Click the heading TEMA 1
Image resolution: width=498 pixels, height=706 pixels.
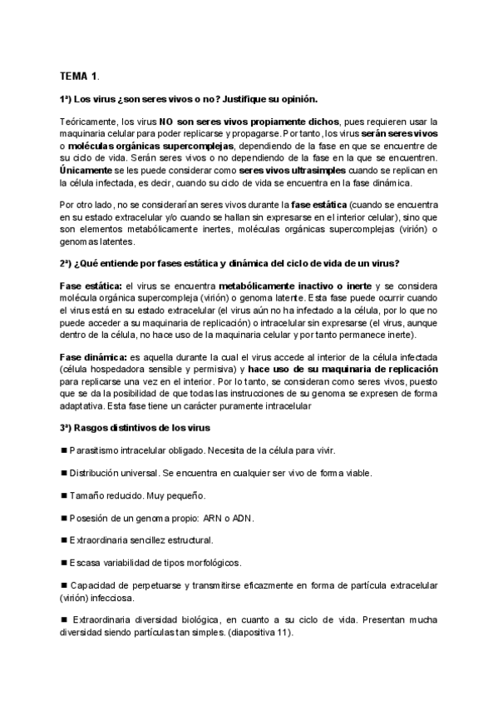click(x=79, y=76)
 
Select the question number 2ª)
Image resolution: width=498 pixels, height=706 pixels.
click(x=68, y=264)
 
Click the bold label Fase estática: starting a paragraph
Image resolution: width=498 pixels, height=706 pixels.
click(x=90, y=287)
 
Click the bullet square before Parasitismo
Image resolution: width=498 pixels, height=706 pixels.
click(x=64, y=450)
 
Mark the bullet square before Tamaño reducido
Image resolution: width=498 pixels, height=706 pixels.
click(x=64, y=495)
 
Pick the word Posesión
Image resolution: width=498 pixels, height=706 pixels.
click(x=90, y=517)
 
